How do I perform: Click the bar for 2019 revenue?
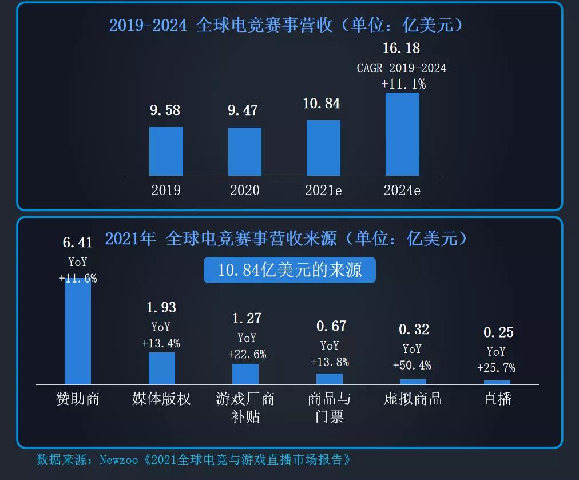click(166, 151)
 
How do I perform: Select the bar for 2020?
click(245, 152)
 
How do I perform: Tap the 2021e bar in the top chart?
click(323, 148)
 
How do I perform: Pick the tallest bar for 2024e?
click(402, 134)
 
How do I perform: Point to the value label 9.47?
click(243, 110)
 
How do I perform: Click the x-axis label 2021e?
click(323, 191)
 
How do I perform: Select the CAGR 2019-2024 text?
click(402, 68)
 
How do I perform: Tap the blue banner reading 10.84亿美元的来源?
click(289, 270)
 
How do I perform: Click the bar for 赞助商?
click(78, 332)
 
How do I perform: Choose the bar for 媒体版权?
click(161, 368)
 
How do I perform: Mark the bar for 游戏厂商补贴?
click(245, 374)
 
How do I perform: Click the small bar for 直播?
click(497, 382)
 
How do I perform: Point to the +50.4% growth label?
click(412, 366)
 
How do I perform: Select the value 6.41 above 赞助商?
click(77, 243)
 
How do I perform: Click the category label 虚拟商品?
click(413, 399)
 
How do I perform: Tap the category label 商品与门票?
click(329, 407)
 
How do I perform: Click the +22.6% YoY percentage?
click(247, 354)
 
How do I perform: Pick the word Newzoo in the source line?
click(119, 459)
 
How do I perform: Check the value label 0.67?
click(331, 326)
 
